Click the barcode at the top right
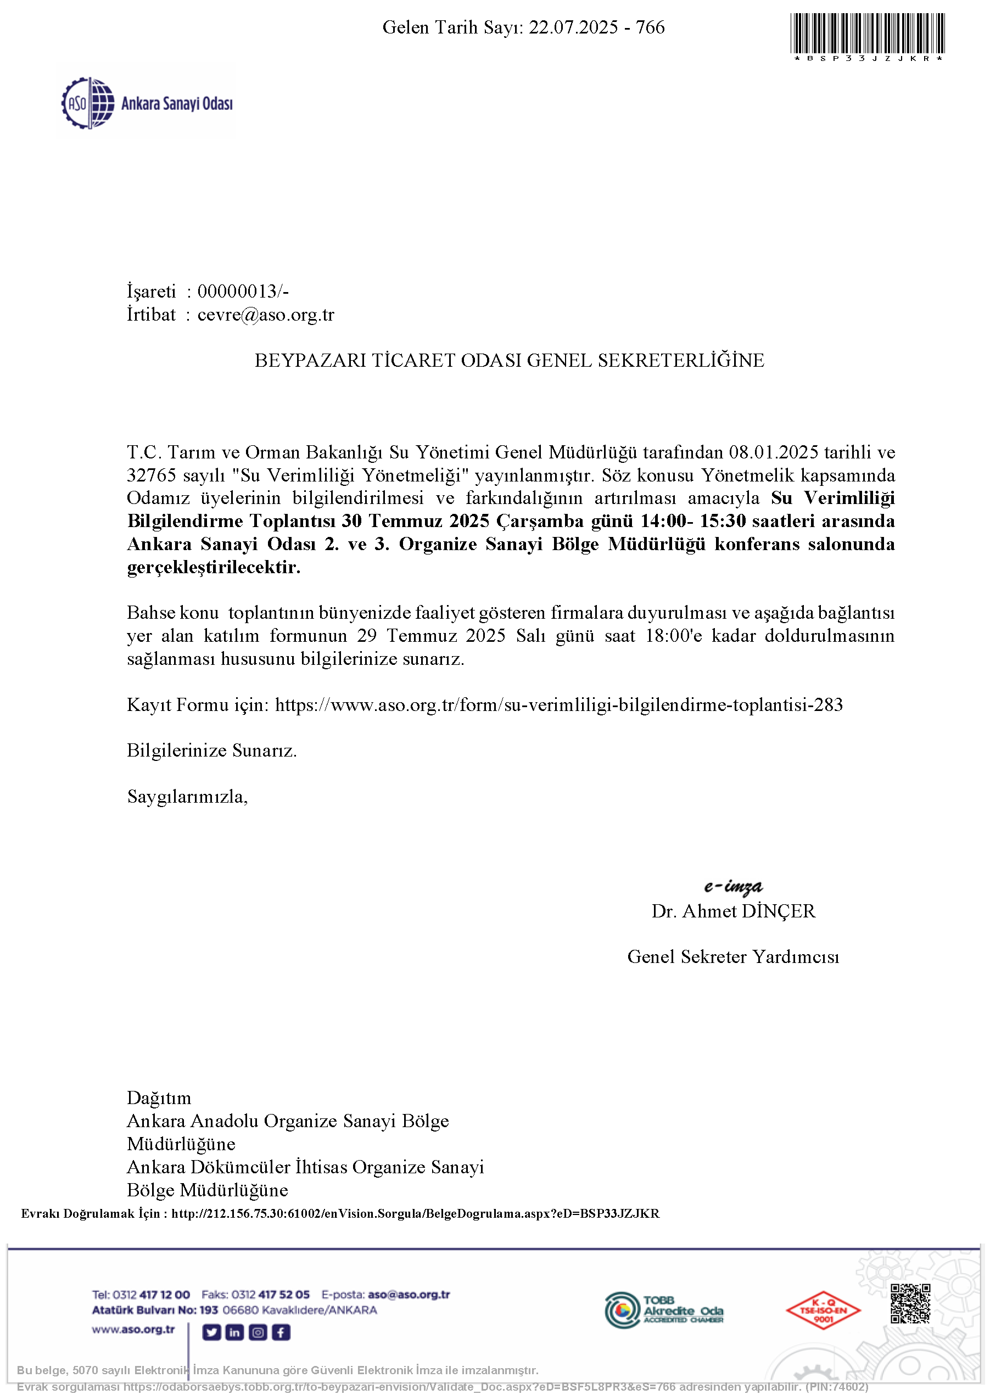[868, 33]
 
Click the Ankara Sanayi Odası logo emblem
[88, 103]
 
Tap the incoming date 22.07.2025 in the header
[573, 27]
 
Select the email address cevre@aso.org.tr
[266, 315]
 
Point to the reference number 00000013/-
[243, 292]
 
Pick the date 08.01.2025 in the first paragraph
[774, 452]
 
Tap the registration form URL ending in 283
[559, 705]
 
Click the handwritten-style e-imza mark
[732, 886]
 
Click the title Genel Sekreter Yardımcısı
[733, 957]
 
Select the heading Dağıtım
[159, 1098]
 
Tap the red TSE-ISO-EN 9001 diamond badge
[823, 1311]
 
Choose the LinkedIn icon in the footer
[235, 1332]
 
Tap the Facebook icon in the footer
[281, 1332]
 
